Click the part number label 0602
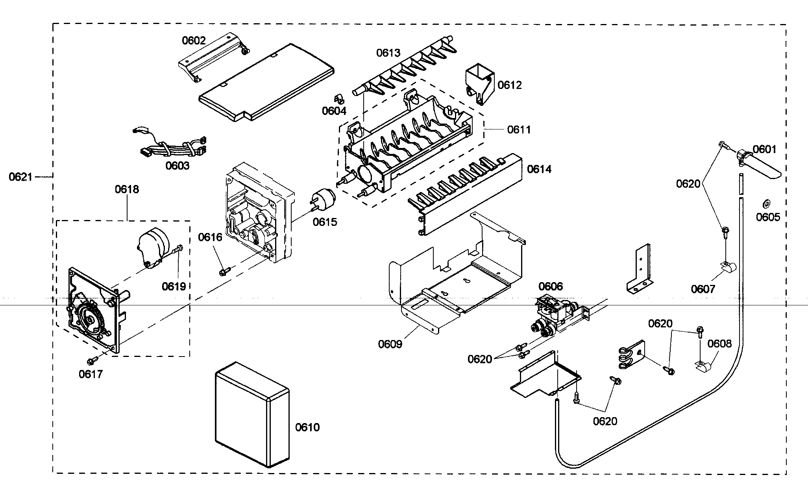[x=193, y=40]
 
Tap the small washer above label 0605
[x=766, y=204]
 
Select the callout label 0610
[x=307, y=427]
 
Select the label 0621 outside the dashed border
[x=20, y=177]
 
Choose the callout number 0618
[x=127, y=189]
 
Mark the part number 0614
[x=539, y=169]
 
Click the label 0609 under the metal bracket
[x=390, y=344]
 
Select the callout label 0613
[x=388, y=53]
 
